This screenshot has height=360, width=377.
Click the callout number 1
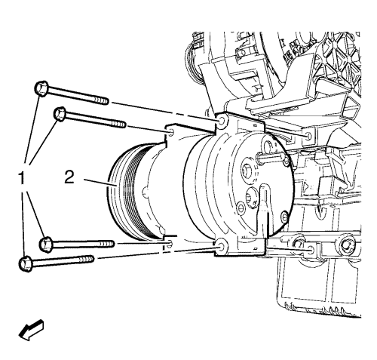(22, 177)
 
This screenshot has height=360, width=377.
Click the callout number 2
(69, 177)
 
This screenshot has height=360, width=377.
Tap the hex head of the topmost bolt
(41, 88)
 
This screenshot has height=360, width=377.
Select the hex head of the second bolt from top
(60, 114)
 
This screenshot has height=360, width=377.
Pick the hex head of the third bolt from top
(46, 245)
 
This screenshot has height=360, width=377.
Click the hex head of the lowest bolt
(26, 264)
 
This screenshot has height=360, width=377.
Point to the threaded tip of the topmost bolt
(102, 101)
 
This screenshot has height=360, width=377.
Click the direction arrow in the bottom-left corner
(32, 330)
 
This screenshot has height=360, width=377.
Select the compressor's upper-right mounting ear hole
(222, 122)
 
